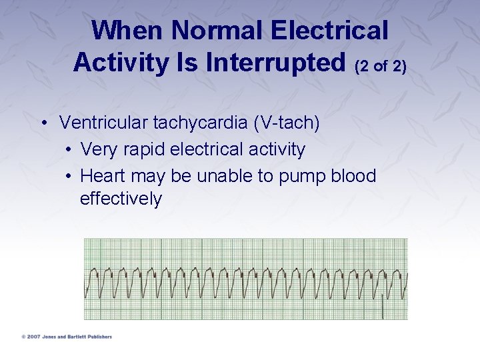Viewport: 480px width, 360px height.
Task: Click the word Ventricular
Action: point(104,123)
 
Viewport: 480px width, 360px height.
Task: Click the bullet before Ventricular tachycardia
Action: point(43,123)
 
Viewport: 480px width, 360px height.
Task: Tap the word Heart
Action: point(103,176)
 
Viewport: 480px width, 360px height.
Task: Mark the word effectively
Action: point(121,199)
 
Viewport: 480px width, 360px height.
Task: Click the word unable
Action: point(225,176)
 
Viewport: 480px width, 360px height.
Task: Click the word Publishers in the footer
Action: point(98,337)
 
